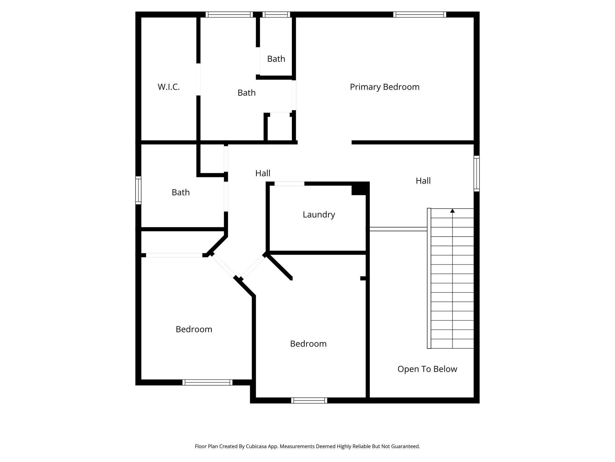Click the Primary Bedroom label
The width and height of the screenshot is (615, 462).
pyautogui.click(x=384, y=87)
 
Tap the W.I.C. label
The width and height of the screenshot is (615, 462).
pyautogui.click(x=168, y=87)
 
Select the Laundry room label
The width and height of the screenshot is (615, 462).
pyautogui.click(x=319, y=215)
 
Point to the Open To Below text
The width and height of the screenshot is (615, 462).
pyautogui.click(x=427, y=369)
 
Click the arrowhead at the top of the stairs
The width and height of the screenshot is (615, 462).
pyautogui.click(x=452, y=211)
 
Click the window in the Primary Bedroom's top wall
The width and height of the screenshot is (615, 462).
pyautogui.click(x=420, y=14)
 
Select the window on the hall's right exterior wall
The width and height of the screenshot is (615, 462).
pyautogui.click(x=477, y=174)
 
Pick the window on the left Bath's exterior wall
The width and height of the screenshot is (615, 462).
pyautogui.click(x=138, y=190)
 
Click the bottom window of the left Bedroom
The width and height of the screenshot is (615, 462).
pyautogui.click(x=207, y=382)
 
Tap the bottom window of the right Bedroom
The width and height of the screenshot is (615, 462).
pyautogui.click(x=309, y=400)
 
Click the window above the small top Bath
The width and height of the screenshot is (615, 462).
pyautogui.click(x=276, y=14)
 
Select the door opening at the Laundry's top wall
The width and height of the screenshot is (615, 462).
pyautogui.click(x=289, y=183)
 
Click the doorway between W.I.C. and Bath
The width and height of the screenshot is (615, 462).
pyautogui.click(x=198, y=79)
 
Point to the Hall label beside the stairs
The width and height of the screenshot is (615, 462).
pyautogui.click(x=423, y=181)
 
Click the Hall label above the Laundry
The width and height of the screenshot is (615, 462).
pyautogui.click(x=263, y=173)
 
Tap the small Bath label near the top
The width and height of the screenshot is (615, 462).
pyautogui.click(x=276, y=59)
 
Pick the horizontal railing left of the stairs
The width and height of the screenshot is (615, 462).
pyautogui.click(x=398, y=229)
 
